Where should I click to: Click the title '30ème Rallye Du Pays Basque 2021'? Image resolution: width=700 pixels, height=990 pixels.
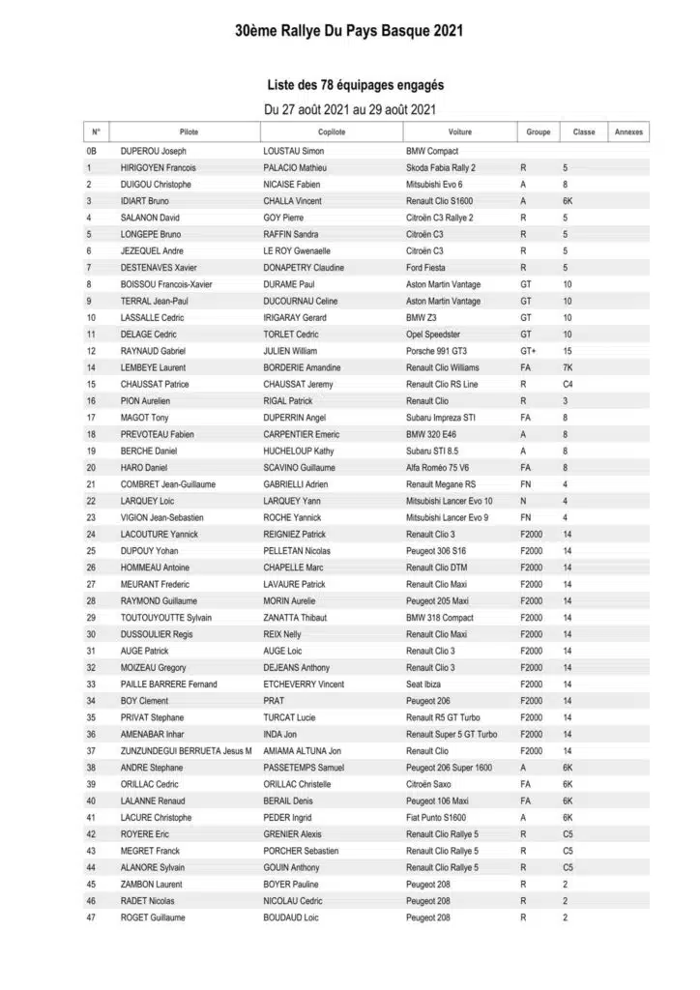coord(349,31)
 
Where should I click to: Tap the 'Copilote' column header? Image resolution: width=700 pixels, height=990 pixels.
coord(331,131)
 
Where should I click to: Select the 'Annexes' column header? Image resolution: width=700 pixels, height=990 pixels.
coord(628,131)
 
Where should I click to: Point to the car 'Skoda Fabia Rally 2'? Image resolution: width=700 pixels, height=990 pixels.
coord(441,168)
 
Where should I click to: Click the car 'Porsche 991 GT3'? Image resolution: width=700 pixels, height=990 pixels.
coord(436,351)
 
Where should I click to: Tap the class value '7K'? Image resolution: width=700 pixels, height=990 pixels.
coord(568,367)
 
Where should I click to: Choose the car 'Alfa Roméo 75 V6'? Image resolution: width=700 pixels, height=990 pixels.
coord(439,468)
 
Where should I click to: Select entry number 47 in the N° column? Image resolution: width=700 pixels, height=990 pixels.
coord(91,917)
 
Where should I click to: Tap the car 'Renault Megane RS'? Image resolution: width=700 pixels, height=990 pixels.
coord(441,484)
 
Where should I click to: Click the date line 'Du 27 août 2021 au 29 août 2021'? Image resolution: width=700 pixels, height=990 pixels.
coord(349,109)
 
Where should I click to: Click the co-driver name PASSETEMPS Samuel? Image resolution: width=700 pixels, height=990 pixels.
coord(306,768)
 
